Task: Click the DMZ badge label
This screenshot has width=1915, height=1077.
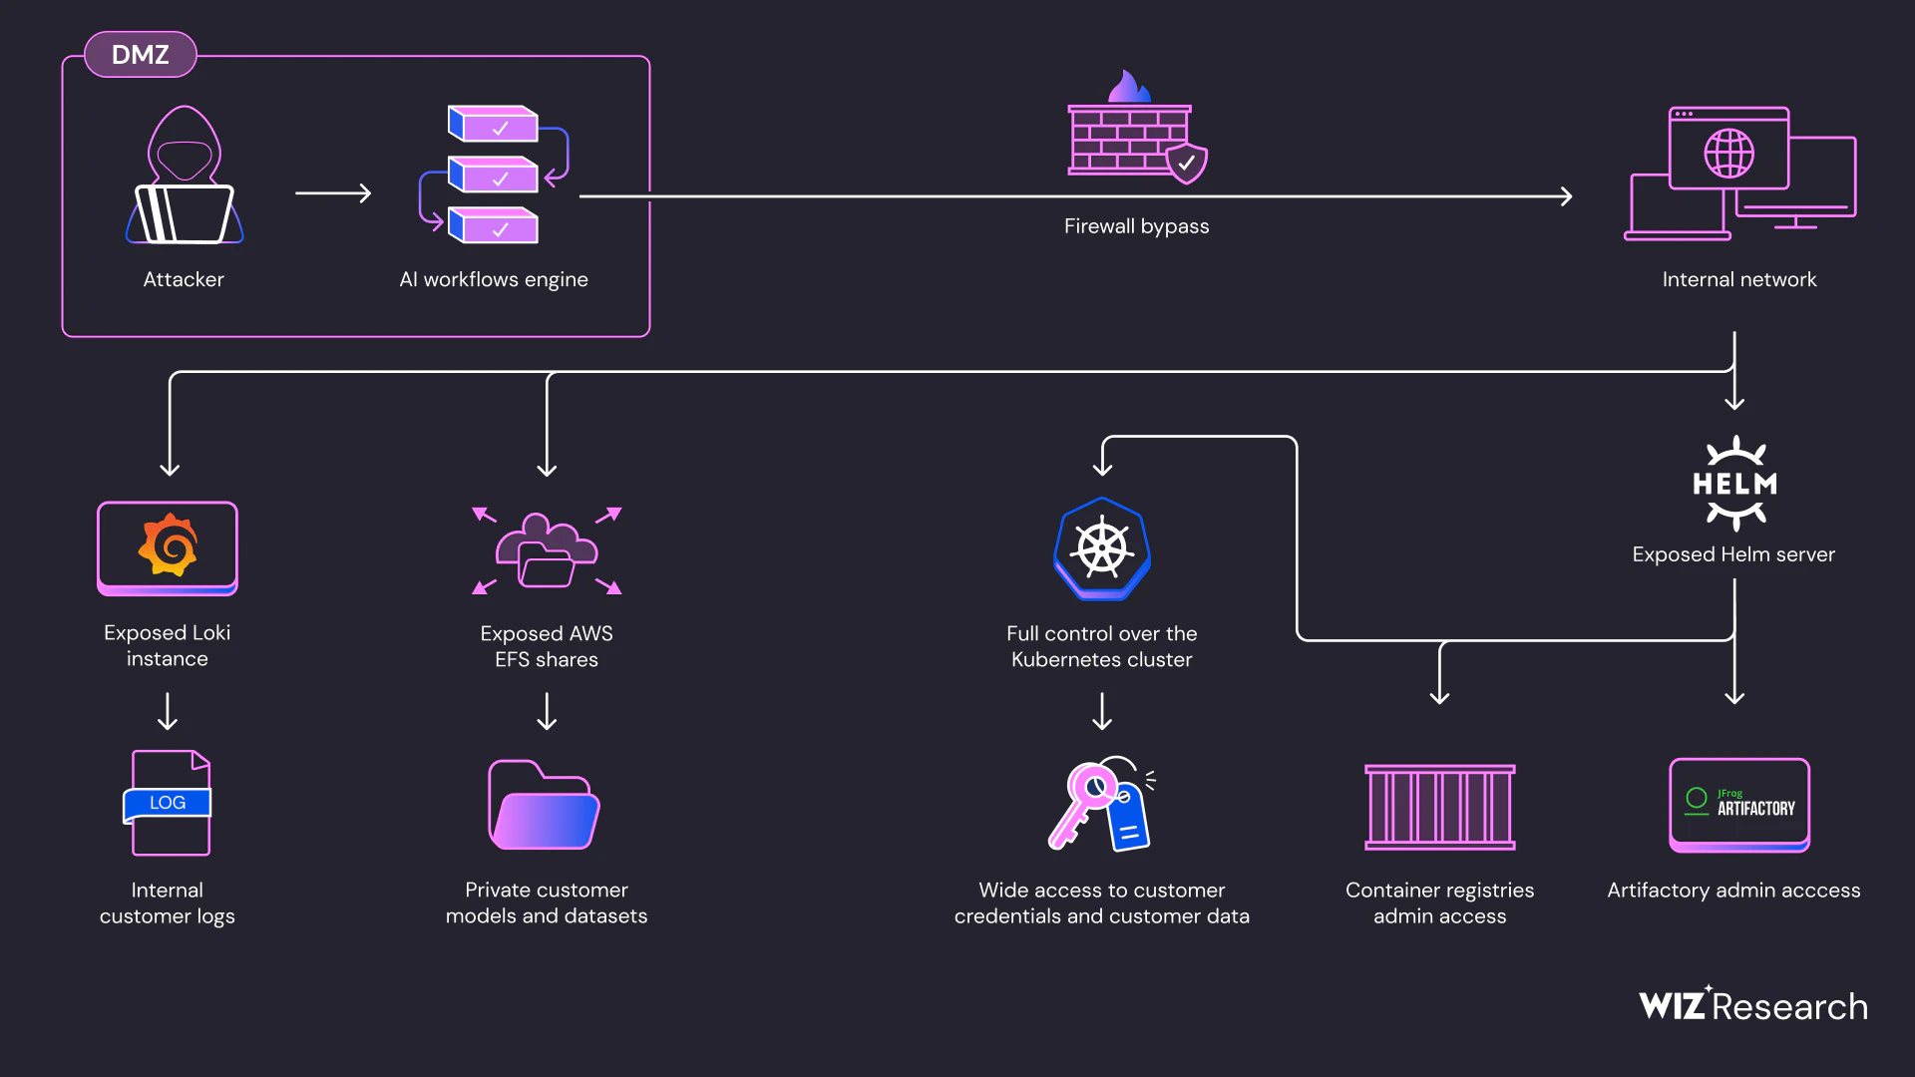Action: tap(140, 55)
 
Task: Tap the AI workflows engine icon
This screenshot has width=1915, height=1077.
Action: tap(494, 176)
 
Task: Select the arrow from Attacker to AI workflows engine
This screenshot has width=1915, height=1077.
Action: tap(333, 193)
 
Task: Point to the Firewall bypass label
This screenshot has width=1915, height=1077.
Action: tap(1136, 226)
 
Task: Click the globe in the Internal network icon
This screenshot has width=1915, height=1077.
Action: tap(1728, 154)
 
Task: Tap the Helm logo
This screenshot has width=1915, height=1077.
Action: tap(1734, 484)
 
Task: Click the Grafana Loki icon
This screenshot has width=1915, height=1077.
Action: tap(168, 547)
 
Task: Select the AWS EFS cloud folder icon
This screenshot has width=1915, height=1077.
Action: tap(547, 551)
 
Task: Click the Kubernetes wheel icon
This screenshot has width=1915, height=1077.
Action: tap(1102, 549)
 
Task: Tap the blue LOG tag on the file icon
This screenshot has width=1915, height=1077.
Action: tap(168, 803)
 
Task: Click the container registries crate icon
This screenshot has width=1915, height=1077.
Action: tap(1439, 807)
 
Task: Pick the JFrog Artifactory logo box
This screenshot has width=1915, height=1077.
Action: tap(1738, 805)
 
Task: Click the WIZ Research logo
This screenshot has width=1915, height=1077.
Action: tap(1752, 1005)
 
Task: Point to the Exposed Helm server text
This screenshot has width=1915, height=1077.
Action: tap(1733, 554)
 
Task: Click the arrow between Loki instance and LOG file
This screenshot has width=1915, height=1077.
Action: tap(168, 711)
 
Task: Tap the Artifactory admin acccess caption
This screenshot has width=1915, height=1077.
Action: tap(1733, 891)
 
